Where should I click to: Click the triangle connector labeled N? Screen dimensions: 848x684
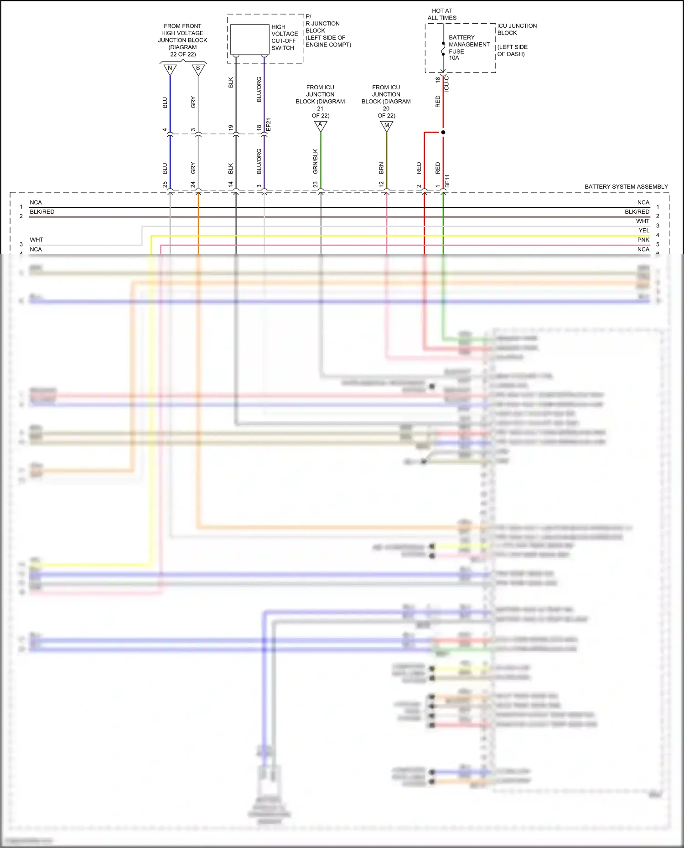pyautogui.click(x=170, y=69)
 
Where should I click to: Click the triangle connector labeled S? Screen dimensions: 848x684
pyautogui.click(x=198, y=69)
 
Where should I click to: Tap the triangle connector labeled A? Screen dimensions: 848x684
pyautogui.click(x=321, y=126)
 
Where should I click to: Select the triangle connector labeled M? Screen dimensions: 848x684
pyautogui.click(x=387, y=126)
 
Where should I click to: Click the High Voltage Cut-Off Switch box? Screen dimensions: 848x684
pyautogui.click(x=249, y=39)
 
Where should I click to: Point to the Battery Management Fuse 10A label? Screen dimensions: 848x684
pyautogui.click(x=468, y=47)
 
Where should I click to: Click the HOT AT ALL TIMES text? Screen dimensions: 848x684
pyautogui.click(x=442, y=14)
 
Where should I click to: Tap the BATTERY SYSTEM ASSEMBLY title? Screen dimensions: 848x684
pyautogui.click(x=626, y=186)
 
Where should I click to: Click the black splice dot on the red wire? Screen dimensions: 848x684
pyautogui.click(x=443, y=132)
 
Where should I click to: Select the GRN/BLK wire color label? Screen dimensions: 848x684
pyautogui.click(x=315, y=161)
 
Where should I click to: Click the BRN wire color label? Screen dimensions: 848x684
pyautogui.click(x=381, y=168)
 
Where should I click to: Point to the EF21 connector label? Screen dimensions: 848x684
pyautogui.click(x=269, y=124)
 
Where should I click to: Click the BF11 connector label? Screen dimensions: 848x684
pyautogui.click(x=447, y=180)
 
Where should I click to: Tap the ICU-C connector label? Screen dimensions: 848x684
pyautogui.click(x=447, y=84)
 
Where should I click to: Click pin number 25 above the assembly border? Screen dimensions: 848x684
pyautogui.click(x=165, y=185)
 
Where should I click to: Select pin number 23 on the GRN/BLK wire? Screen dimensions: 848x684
pyautogui.click(x=315, y=185)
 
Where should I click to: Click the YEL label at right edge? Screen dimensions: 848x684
pyautogui.click(x=643, y=231)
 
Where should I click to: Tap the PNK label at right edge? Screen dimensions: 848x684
pyautogui.click(x=643, y=240)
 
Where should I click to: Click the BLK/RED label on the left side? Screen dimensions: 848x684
pyautogui.click(x=42, y=212)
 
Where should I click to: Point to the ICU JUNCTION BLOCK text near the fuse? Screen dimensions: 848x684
pyautogui.click(x=516, y=29)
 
